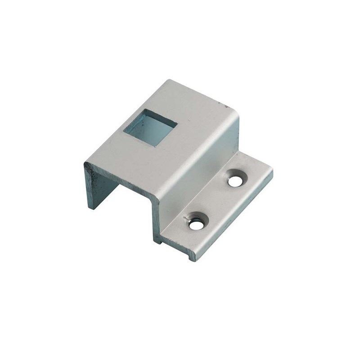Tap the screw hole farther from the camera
[x=234, y=181]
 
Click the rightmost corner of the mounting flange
[x=272, y=171]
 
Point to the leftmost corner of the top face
[x=84, y=163]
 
